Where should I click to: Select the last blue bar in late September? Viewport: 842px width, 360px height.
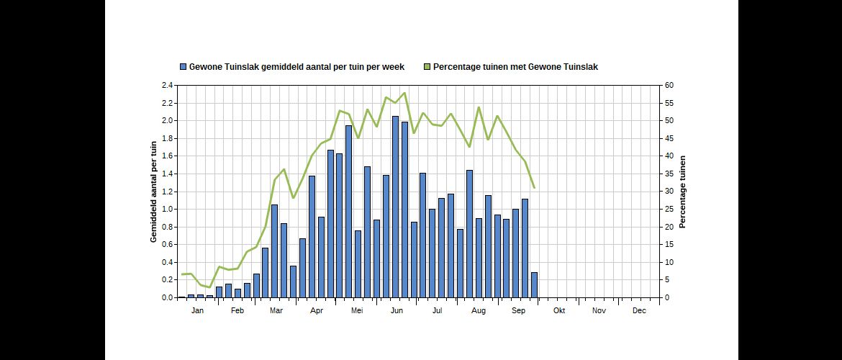[534, 285]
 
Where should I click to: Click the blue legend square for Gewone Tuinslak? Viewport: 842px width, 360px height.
[184, 67]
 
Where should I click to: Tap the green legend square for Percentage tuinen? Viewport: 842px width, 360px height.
[427, 67]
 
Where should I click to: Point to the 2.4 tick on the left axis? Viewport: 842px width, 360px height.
[167, 86]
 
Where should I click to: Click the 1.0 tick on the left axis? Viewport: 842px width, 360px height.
[167, 210]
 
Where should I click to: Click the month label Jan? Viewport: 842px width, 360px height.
[198, 311]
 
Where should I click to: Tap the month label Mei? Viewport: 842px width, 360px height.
[357, 311]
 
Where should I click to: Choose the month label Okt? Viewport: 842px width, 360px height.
[559, 311]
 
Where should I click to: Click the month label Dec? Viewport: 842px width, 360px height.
[639, 311]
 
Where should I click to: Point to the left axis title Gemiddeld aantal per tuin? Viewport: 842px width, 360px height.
[154, 192]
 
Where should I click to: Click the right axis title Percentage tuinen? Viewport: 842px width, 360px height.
[683, 192]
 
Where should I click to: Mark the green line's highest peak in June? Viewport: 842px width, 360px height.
[404, 93]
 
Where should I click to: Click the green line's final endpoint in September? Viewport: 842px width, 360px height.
[534, 188]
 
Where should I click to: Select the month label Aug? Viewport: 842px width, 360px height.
[478, 311]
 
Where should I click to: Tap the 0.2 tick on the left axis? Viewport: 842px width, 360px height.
[167, 280]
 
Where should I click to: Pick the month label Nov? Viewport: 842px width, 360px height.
[599, 311]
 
